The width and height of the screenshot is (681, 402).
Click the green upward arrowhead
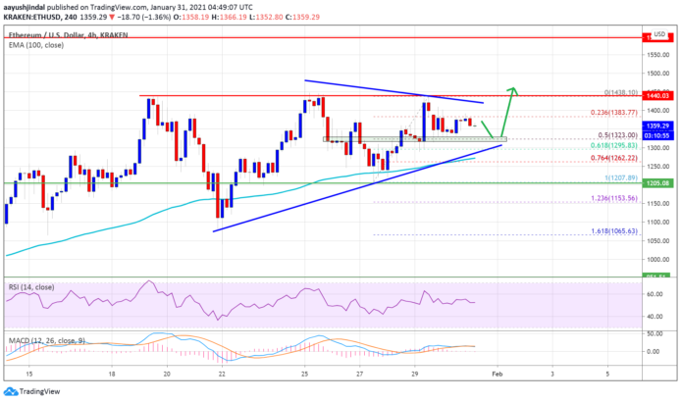click(513, 91)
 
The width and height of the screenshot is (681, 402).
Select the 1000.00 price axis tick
click(653, 259)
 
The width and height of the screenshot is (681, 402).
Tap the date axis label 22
click(223, 375)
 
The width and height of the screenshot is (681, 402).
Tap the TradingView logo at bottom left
click(37, 389)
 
